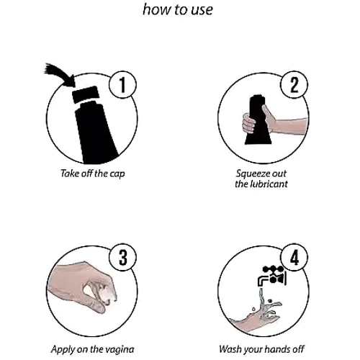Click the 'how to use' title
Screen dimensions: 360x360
pos(178,10)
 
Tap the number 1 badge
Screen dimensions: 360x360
pos(123,84)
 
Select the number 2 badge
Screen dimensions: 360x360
pos(294,84)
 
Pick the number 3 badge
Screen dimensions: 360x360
pos(123,257)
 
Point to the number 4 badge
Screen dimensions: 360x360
pos(294,257)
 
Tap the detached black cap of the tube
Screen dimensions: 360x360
pos(86,94)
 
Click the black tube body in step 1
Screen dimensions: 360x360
pos(95,132)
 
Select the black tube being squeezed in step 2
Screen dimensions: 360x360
pos(258,120)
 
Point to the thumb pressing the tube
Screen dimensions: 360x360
pos(267,113)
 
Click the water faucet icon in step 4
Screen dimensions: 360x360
pos(272,276)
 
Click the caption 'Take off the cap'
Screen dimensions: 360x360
pos(93,174)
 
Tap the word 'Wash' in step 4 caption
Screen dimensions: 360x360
pos(230,349)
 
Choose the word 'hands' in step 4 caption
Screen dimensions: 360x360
pos(278,349)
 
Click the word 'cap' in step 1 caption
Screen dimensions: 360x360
pos(117,174)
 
